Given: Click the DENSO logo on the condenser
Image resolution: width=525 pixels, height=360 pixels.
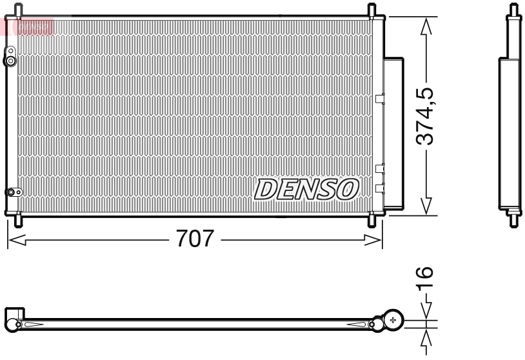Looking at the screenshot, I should coord(306,188).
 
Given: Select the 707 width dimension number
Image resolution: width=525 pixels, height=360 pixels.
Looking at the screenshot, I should coord(194,240).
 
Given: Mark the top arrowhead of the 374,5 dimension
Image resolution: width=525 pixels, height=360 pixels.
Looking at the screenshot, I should coord(425,26).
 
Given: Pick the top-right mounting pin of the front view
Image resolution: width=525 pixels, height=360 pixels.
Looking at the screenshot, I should coord(371,10).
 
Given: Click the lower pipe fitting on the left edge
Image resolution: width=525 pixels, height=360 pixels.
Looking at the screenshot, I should coord(11,192).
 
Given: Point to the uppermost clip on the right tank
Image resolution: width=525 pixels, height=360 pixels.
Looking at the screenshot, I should coord(379,99).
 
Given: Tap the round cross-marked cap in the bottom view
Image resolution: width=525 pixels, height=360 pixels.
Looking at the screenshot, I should coord(393,320).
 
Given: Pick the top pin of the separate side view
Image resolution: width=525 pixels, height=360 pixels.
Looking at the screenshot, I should coord(513,10).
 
